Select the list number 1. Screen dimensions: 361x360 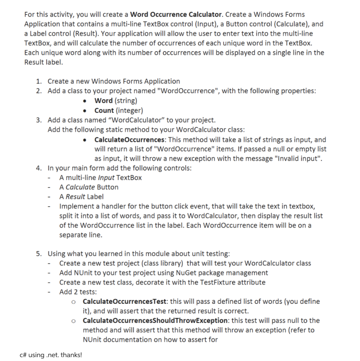39,81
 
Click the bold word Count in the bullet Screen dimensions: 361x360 104,110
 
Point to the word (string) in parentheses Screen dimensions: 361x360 126,101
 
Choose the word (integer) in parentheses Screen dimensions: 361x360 129,110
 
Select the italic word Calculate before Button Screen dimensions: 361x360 80,187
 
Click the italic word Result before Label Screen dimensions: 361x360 75,197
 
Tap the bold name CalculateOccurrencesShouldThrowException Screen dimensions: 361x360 155,321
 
